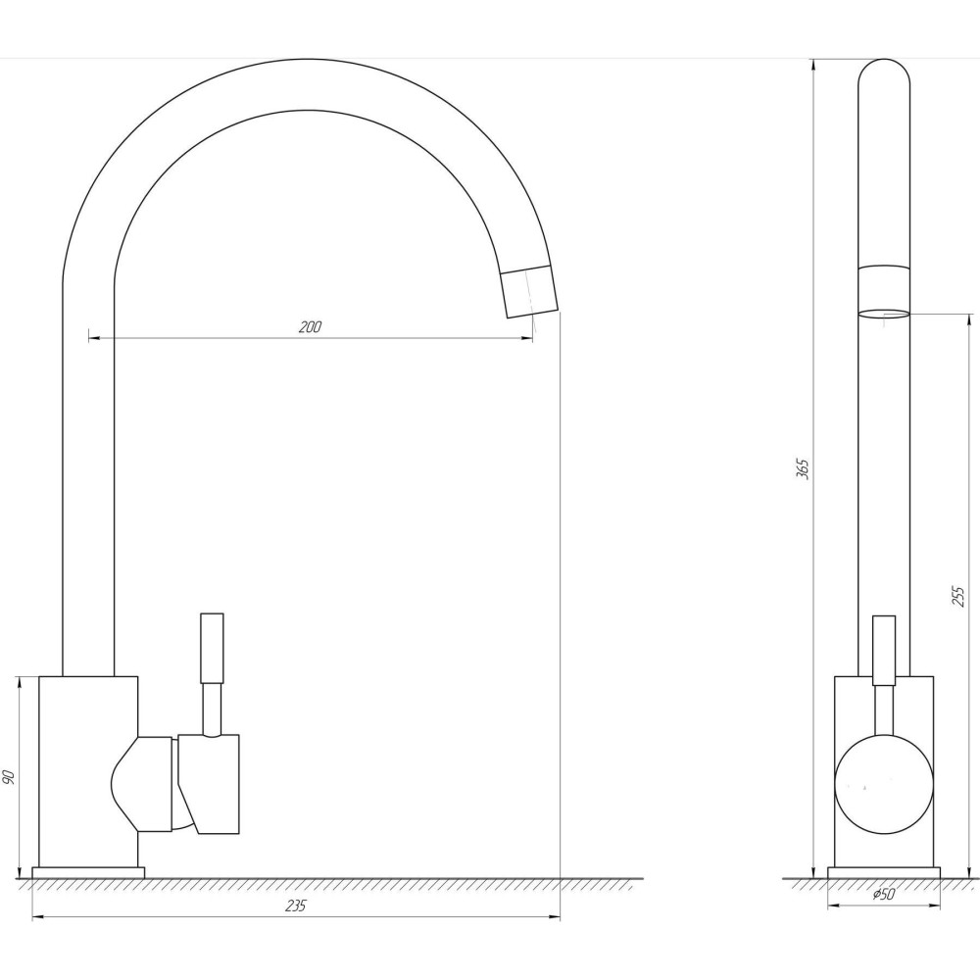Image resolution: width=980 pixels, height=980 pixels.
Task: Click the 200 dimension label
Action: (x=310, y=327)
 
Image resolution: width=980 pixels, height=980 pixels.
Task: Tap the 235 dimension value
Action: (x=296, y=906)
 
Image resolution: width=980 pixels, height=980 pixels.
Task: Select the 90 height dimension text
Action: (x=9, y=777)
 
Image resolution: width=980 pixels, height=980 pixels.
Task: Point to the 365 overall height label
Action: (x=804, y=468)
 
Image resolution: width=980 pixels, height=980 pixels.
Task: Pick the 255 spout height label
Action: (x=958, y=596)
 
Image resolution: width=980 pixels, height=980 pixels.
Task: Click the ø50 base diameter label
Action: (x=884, y=895)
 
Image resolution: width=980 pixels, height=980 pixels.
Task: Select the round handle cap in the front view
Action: (x=884, y=784)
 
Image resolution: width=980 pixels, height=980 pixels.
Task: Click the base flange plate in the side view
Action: (x=884, y=872)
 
